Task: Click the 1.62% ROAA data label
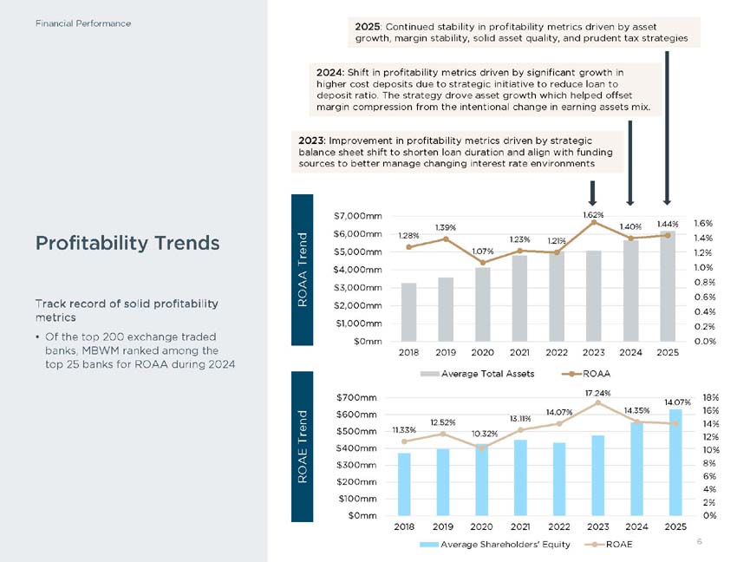593,214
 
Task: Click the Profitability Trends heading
127,243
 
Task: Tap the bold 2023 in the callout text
310,140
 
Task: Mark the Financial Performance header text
83,23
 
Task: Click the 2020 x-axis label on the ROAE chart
481,526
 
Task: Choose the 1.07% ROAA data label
483,252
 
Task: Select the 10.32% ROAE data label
483,433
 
